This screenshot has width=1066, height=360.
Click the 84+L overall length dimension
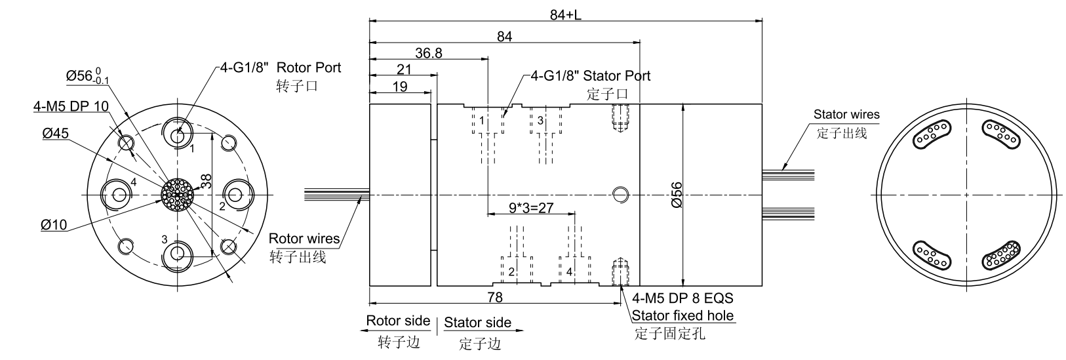566,14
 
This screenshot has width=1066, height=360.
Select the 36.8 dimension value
429,53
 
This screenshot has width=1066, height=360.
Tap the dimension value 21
405,70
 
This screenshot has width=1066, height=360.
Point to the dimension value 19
400,87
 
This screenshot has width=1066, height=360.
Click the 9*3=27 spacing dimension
531,208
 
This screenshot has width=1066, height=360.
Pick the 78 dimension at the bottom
495,298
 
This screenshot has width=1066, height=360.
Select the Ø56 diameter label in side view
678,195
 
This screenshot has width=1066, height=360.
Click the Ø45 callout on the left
56,134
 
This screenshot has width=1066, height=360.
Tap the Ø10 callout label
54,225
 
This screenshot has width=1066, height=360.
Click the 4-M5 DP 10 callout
71,106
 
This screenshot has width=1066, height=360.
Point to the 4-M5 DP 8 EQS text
682,298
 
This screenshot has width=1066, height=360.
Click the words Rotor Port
309,68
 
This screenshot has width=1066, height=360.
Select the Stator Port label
616,75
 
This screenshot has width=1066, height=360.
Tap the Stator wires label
846,114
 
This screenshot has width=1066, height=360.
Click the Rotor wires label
304,239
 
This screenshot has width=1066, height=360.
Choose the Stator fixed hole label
682,316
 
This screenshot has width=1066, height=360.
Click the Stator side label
477,323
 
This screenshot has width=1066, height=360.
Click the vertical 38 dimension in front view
206,182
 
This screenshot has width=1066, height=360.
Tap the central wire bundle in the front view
178,195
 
